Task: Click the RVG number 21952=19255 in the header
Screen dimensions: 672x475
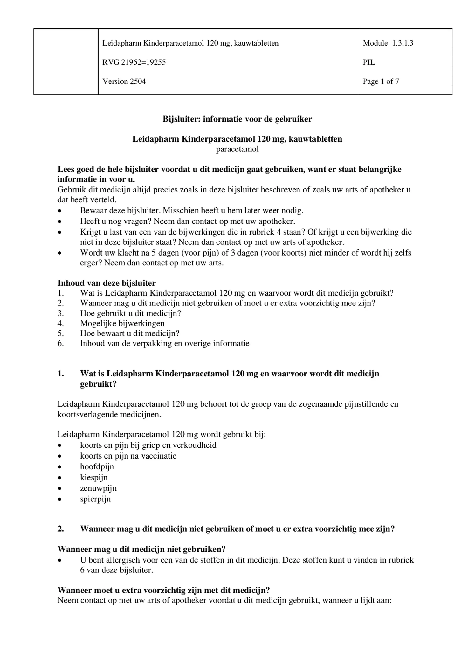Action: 134,62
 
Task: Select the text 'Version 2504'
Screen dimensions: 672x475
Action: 124,81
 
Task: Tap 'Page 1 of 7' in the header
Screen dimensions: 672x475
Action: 381,81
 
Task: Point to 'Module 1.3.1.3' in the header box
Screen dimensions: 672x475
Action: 388,43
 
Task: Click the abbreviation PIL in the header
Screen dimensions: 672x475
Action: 368,62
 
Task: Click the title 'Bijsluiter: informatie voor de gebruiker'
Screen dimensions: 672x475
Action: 237,119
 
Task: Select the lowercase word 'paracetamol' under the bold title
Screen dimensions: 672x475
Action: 237,149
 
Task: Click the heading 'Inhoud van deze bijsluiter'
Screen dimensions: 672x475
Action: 106,283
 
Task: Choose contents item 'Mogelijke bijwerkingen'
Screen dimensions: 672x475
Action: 122,323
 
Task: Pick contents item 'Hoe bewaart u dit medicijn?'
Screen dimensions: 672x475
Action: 130,333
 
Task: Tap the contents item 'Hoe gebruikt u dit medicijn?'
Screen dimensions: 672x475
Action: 130,313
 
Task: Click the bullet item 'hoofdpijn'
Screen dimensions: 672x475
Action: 97,466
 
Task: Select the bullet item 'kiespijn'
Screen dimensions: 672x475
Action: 94,477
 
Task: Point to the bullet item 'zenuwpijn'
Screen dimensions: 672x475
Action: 98,488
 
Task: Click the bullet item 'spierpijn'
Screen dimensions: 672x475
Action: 95,499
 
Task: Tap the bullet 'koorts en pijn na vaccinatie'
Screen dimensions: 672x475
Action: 128,456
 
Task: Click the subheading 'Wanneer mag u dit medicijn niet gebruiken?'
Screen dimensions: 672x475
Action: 141,549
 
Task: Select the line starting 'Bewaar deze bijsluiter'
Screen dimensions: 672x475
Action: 191,210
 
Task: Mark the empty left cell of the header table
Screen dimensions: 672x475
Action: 66,62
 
